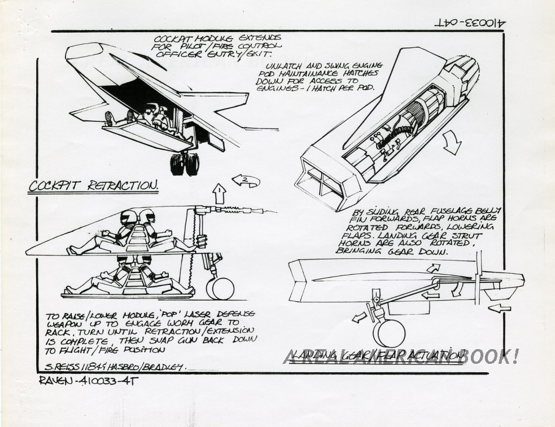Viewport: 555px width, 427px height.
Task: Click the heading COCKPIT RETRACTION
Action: [x=93, y=186]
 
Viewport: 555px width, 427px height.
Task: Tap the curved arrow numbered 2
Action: [x=246, y=181]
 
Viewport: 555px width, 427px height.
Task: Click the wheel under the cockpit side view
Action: [x=220, y=288]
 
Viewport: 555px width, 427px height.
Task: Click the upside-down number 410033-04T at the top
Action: [x=470, y=24]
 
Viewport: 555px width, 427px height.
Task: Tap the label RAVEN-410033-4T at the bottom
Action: [x=89, y=381]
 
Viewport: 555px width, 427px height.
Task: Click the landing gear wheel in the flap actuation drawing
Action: [x=391, y=332]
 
